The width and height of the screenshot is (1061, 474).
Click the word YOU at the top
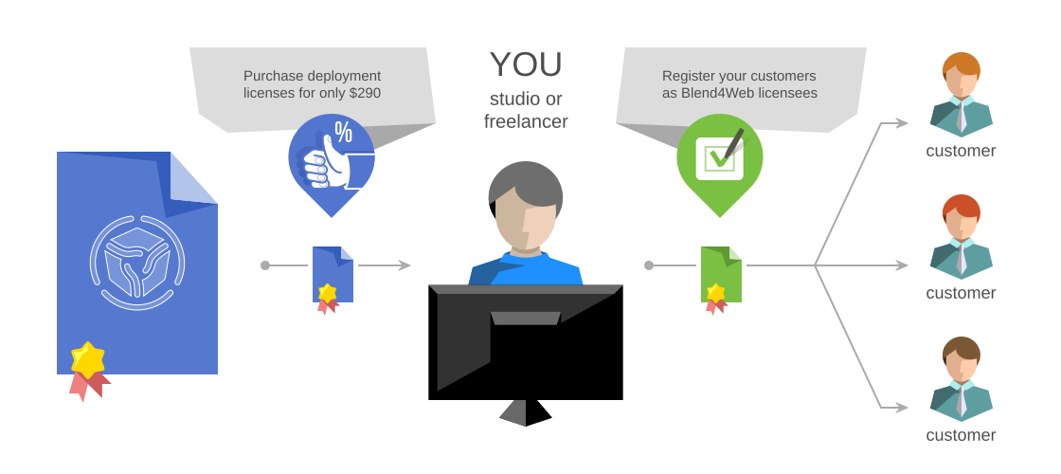526,65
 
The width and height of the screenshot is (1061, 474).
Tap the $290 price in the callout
365,93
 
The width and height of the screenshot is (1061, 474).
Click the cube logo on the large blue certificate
137,263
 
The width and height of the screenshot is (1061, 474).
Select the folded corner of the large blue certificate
190,180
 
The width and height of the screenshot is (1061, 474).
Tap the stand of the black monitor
526,412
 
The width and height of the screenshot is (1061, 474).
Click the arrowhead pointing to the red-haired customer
901,265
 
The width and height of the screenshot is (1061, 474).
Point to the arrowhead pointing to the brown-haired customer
901,408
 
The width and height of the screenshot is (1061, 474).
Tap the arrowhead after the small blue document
405,265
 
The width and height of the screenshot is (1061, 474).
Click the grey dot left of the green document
649,265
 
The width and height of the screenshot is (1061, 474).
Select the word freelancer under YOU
526,121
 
